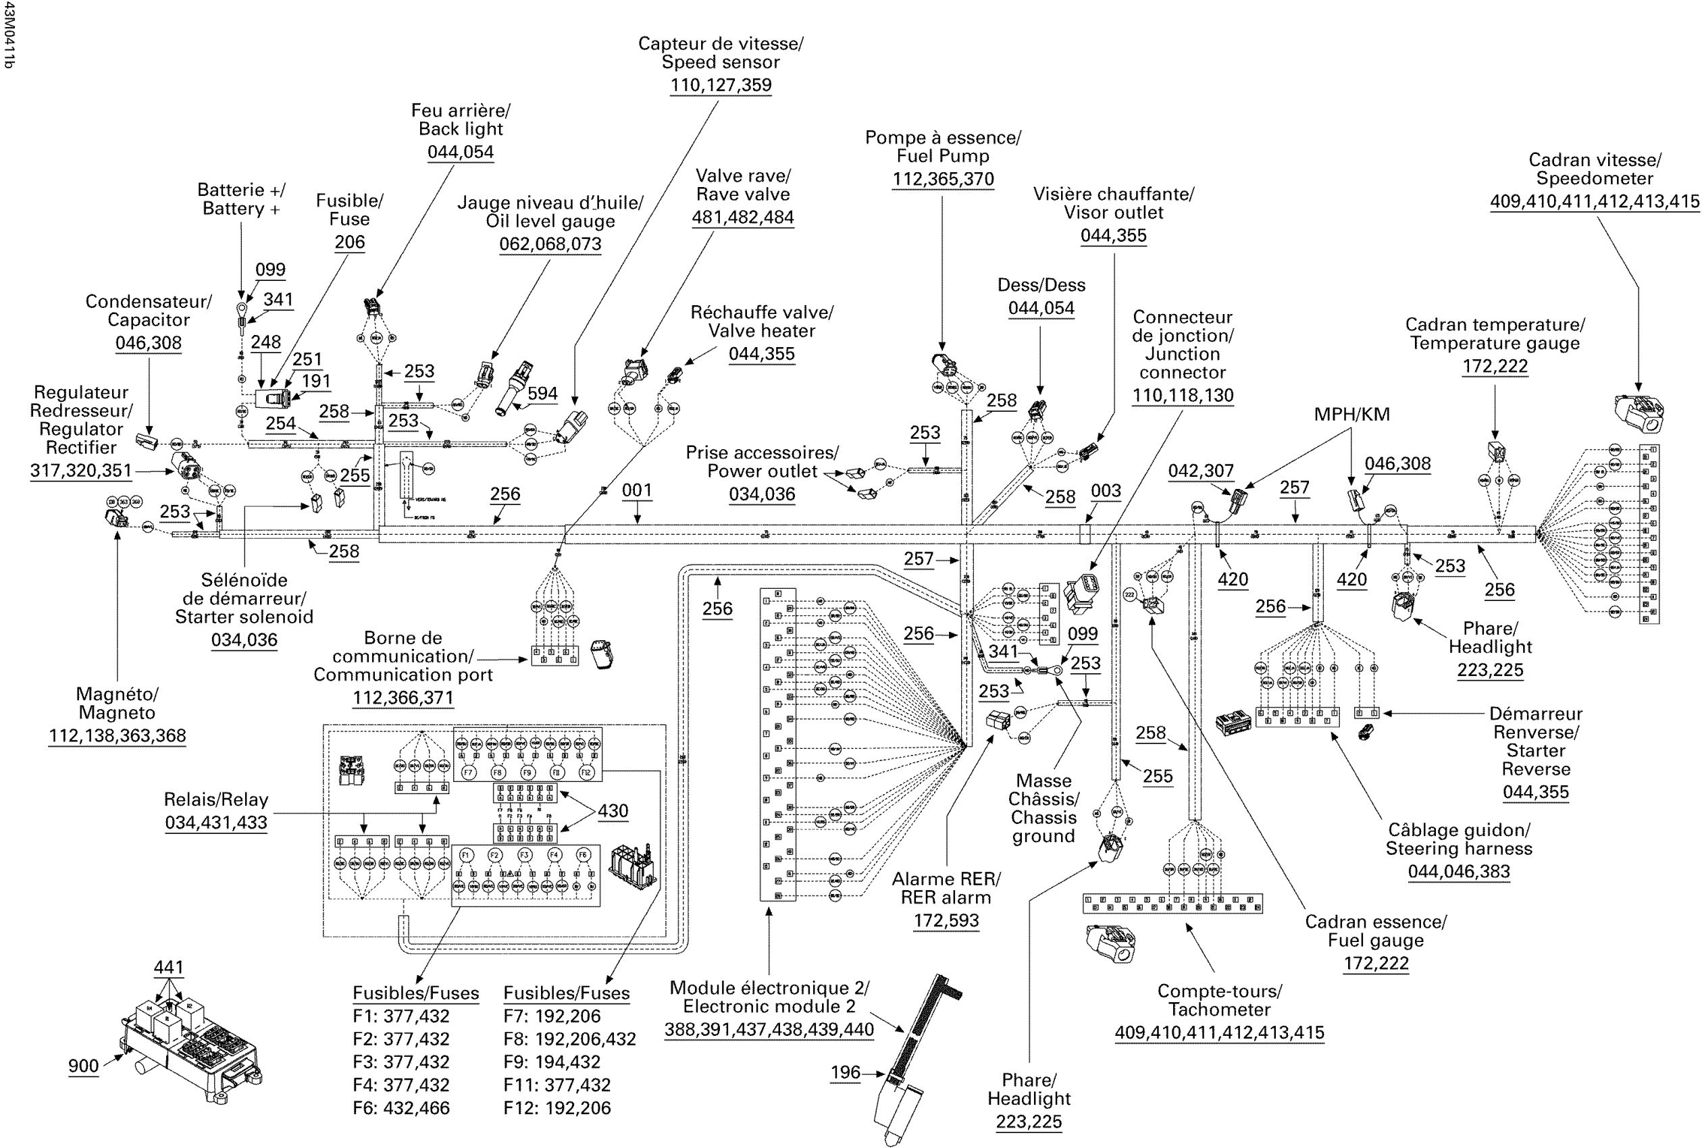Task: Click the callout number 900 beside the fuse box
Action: pos(84,1065)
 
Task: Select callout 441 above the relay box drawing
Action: pos(168,967)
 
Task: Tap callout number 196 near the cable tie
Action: pos(845,1072)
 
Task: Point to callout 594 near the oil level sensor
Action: pos(542,393)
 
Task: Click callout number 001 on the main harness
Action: pos(636,490)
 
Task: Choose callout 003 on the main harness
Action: pos(1106,490)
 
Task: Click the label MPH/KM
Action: pos(1351,415)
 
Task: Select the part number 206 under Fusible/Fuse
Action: pos(349,242)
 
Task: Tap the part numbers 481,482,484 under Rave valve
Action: pos(742,217)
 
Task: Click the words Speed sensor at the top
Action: pos(721,62)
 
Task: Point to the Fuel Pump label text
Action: pos(942,156)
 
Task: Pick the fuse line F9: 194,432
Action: pos(551,1062)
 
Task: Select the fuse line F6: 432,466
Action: pos(401,1107)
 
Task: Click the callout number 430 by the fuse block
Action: pos(613,810)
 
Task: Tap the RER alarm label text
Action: pos(945,897)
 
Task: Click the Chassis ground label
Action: pos(1043,827)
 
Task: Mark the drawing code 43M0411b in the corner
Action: pos(9,35)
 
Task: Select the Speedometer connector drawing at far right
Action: pos(1639,414)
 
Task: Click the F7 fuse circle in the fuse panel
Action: pos(469,773)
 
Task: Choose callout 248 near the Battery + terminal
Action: pos(265,342)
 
